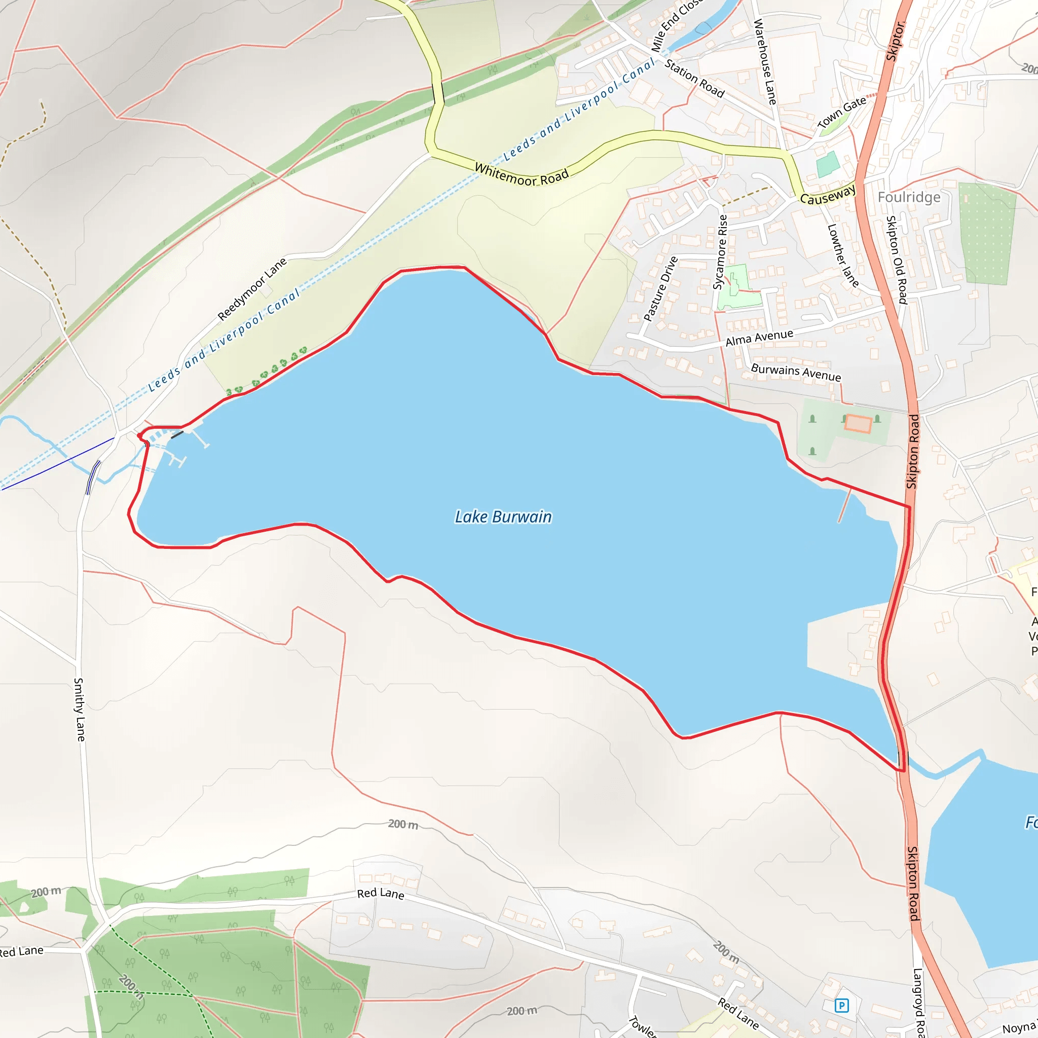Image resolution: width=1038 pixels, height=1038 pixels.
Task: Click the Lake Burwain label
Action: [503, 517]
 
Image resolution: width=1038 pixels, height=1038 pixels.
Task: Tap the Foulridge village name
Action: [909, 197]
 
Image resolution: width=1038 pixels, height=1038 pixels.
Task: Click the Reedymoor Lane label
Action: [252, 289]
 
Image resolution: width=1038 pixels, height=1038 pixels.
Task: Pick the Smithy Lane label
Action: [80, 709]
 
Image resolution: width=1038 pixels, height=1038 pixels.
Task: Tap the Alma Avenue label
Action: [759, 338]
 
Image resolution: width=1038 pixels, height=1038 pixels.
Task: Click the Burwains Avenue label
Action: [796, 372]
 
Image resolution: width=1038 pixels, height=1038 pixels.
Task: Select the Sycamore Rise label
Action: [721, 252]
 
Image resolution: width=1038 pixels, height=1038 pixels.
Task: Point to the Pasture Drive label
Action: [660, 289]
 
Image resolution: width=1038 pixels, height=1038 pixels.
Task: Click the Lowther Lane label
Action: [843, 255]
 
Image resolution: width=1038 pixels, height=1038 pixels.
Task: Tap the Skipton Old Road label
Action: [896, 259]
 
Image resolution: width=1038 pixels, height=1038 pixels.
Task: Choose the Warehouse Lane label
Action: [765, 61]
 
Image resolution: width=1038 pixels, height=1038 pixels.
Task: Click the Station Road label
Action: [695, 79]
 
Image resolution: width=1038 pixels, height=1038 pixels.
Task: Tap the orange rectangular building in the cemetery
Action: [858, 423]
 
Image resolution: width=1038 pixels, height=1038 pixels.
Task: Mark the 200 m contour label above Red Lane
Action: [403, 824]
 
